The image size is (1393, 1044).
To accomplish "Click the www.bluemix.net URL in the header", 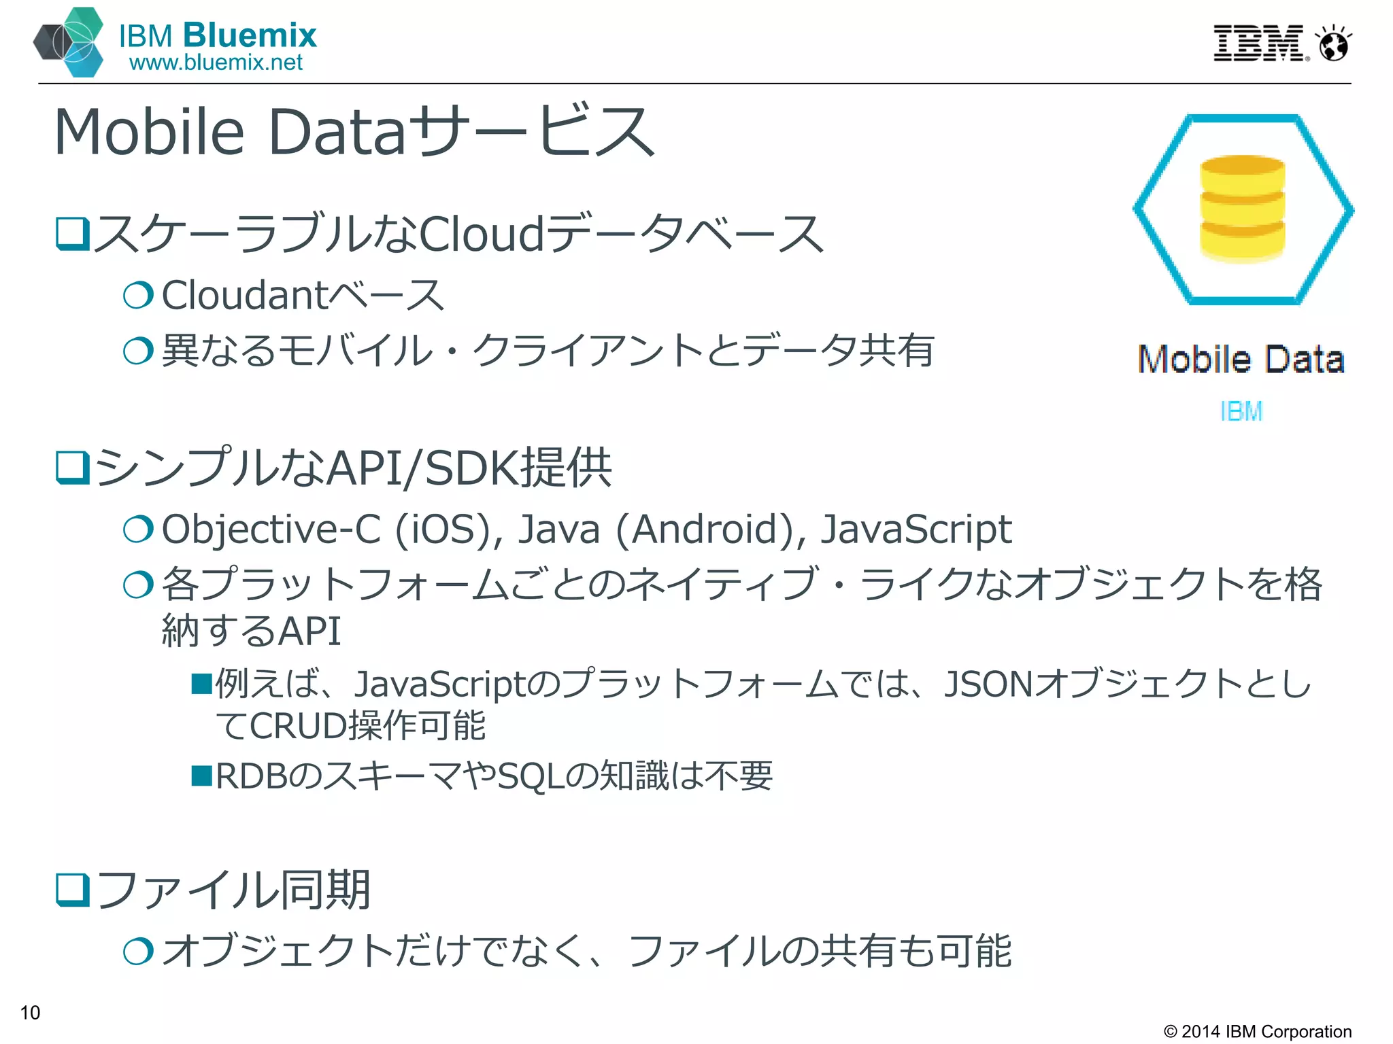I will coord(216,63).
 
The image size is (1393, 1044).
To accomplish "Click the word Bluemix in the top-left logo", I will coord(250,35).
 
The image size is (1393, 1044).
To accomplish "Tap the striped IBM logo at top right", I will coord(1259,43).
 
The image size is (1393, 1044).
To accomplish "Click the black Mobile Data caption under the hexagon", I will coord(1241,359).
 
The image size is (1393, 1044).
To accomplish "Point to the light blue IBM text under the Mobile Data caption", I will coord(1241,411).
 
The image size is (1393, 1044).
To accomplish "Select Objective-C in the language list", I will coord(271,529).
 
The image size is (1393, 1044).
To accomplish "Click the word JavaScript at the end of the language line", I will coord(916,529).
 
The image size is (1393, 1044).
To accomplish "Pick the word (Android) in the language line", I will coord(710,529).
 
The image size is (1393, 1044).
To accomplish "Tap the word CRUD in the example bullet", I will coord(298,725).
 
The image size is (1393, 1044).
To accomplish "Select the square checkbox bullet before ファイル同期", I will coord(72,890).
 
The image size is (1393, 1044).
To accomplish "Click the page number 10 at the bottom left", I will coord(30,1012).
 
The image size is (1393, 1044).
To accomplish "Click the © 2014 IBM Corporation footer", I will coord(1257,1031).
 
